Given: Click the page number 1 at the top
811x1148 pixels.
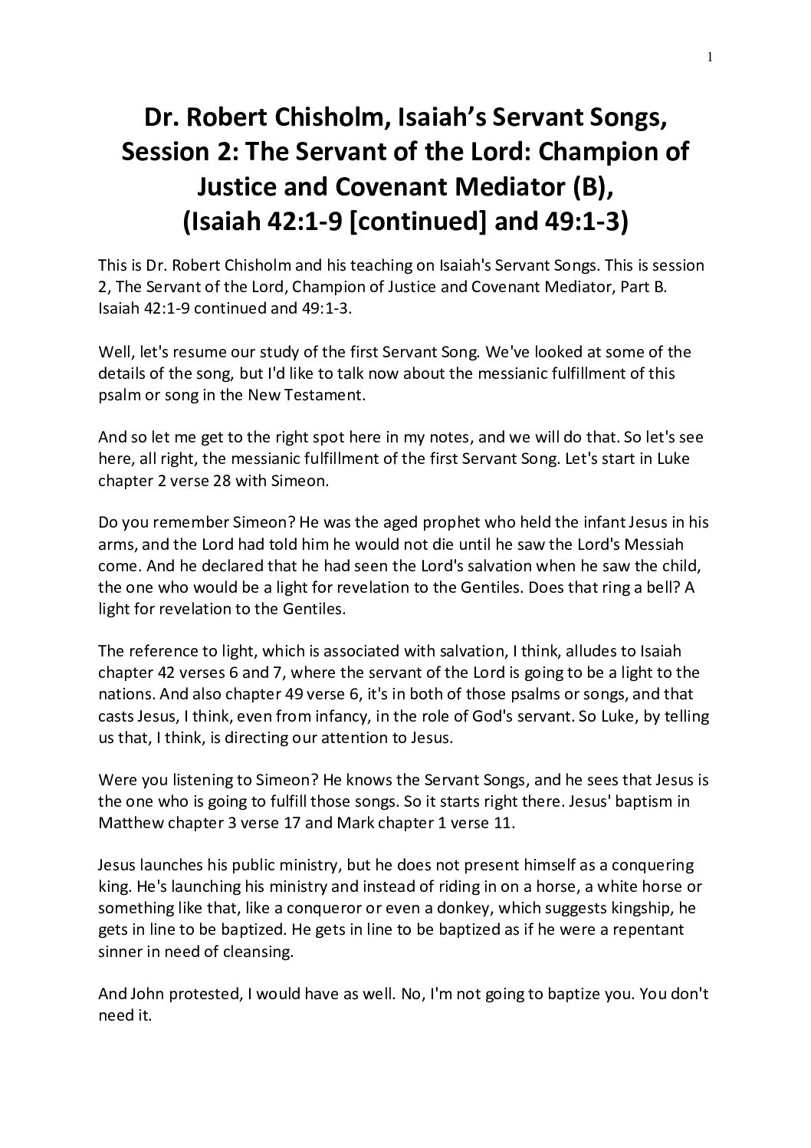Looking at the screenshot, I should (x=711, y=56).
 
